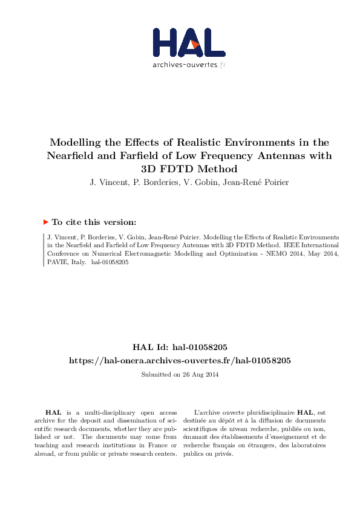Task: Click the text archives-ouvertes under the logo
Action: [185, 64]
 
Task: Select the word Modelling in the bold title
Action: [75, 143]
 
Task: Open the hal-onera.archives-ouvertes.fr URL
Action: [180, 360]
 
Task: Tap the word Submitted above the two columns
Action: [156, 375]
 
